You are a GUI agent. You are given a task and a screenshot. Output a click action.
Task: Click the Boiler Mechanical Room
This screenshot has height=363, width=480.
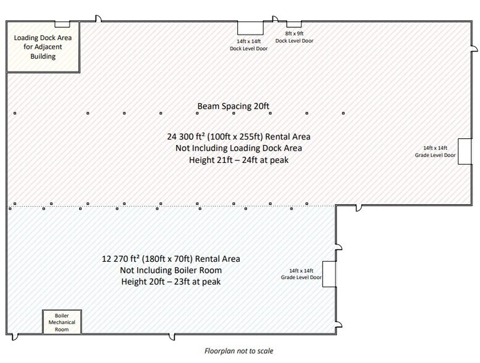click(62, 322)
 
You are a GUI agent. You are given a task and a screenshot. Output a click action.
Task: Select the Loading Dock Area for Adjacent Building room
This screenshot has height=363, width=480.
click(43, 47)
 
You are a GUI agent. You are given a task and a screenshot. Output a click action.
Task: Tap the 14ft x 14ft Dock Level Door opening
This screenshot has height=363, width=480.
click(250, 28)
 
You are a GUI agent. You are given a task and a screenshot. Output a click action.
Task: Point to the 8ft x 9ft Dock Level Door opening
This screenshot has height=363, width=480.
click(294, 24)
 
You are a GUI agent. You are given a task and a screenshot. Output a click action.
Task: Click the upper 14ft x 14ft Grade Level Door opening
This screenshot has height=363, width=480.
click(465, 151)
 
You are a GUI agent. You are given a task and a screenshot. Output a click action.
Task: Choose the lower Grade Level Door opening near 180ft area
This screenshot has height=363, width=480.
click(329, 274)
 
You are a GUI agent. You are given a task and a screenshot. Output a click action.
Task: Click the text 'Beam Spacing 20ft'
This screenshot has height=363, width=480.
click(234, 106)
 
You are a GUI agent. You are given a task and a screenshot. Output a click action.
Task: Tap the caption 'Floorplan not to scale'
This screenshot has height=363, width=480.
click(239, 351)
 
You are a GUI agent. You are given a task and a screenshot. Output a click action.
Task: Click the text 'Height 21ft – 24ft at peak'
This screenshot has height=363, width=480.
click(239, 160)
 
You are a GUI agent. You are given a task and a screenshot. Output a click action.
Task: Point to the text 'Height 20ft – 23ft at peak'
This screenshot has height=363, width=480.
click(171, 282)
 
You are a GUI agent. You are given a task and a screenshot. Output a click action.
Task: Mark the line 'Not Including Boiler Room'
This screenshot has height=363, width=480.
click(171, 270)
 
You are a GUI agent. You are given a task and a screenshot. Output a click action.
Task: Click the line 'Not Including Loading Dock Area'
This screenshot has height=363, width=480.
click(239, 148)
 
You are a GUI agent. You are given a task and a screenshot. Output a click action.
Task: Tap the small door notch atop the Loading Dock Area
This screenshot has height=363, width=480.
click(62, 24)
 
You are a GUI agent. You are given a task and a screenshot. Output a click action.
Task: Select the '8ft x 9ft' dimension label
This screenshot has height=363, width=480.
click(294, 33)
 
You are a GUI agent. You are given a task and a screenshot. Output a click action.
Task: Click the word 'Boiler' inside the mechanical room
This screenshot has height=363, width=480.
click(62, 315)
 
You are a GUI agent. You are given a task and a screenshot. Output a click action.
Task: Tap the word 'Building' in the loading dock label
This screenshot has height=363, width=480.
click(43, 56)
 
